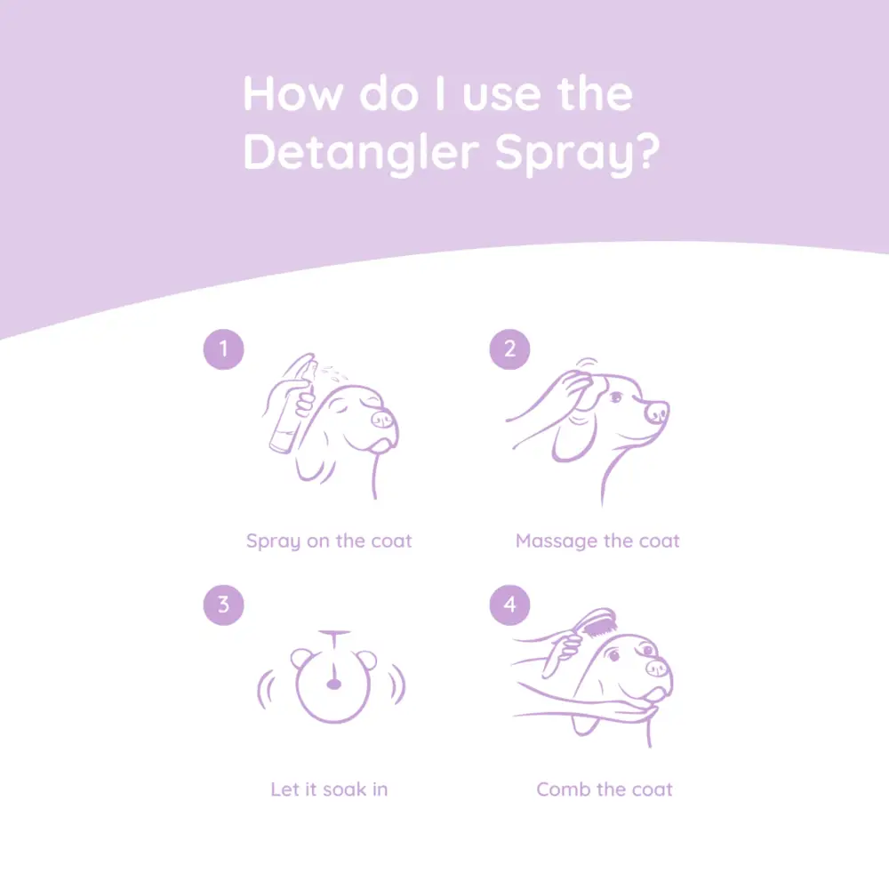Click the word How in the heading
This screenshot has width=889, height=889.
pyautogui.click(x=292, y=94)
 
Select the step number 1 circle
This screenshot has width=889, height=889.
pyautogui.click(x=223, y=349)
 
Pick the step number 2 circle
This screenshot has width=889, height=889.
pyautogui.click(x=509, y=349)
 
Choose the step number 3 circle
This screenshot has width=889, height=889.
pyautogui.click(x=223, y=605)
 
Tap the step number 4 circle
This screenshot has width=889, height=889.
pyautogui.click(x=509, y=605)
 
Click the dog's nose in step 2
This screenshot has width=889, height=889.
pyautogui.click(x=656, y=412)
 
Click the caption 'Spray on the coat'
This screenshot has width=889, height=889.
pyautogui.click(x=329, y=541)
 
